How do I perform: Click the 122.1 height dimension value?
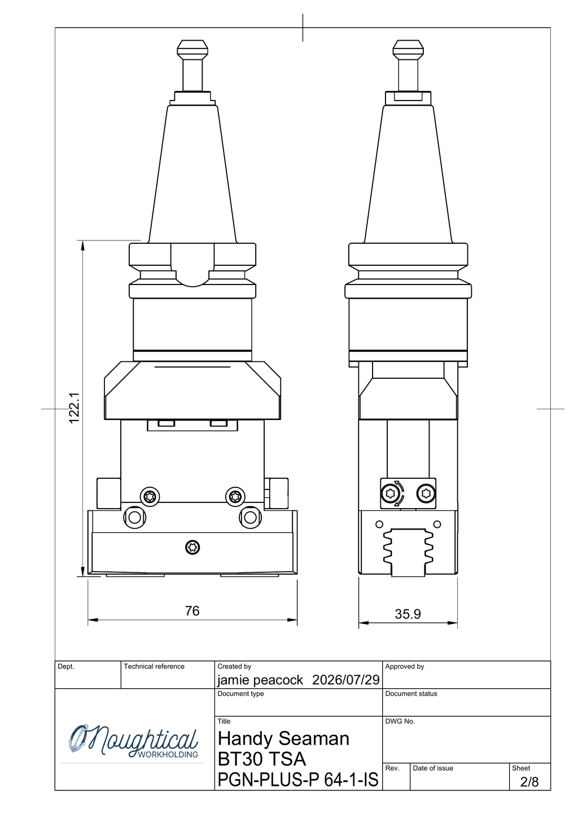[x=74, y=408]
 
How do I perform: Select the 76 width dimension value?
[x=192, y=611]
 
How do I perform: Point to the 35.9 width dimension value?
[x=408, y=614]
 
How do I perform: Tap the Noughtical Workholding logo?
[x=133, y=742]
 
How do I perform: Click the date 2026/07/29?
[x=346, y=680]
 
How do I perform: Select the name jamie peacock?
[x=260, y=680]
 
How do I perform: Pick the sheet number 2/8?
[x=529, y=782]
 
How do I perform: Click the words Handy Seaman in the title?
[x=283, y=738]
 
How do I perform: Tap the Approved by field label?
[x=405, y=667]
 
